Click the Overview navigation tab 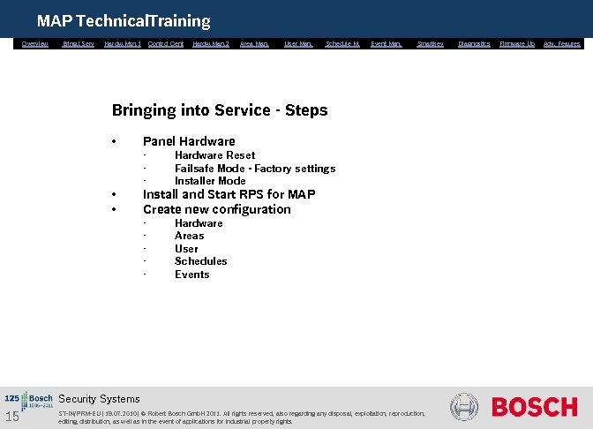click(35, 43)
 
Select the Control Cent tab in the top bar click(166, 43)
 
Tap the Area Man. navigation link click(254, 43)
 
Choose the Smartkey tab click(431, 43)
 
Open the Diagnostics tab click(475, 43)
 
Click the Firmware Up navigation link click(517, 43)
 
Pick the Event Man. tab click(387, 43)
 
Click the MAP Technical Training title click(124, 20)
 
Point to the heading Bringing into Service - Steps click(219, 110)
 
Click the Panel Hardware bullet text click(189, 141)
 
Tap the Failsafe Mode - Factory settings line click(254, 169)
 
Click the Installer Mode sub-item click(210, 181)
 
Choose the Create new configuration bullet click(216, 209)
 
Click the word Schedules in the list click(200, 261)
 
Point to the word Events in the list click(191, 275)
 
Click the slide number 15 click(12, 417)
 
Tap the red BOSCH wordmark click(534, 407)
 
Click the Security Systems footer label click(99, 399)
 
